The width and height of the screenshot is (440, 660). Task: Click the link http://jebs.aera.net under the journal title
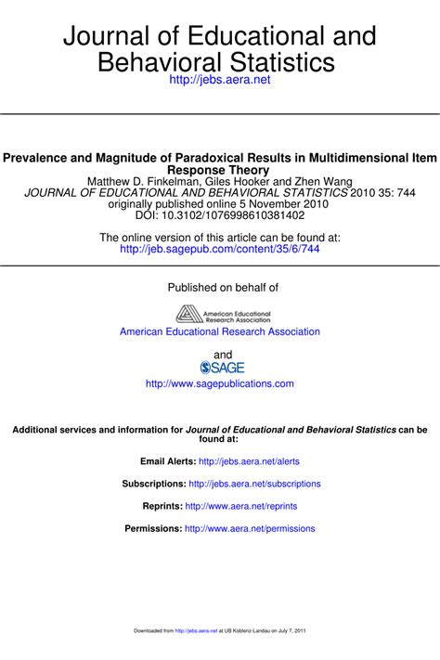pyautogui.click(x=219, y=81)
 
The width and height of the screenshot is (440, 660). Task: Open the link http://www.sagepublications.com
pyautogui.click(x=220, y=383)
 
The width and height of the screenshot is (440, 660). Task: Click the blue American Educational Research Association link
pyautogui.click(x=220, y=331)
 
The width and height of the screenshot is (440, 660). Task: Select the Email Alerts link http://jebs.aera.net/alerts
pyautogui.click(x=249, y=461)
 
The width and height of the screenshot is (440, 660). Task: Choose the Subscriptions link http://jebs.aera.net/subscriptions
pyautogui.click(x=254, y=484)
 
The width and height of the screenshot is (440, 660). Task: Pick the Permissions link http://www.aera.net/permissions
pyautogui.click(x=250, y=529)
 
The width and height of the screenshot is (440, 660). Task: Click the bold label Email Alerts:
pyautogui.click(x=168, y=461)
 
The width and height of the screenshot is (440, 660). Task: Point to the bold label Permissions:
pyautogui.click(x=153, y=529)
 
